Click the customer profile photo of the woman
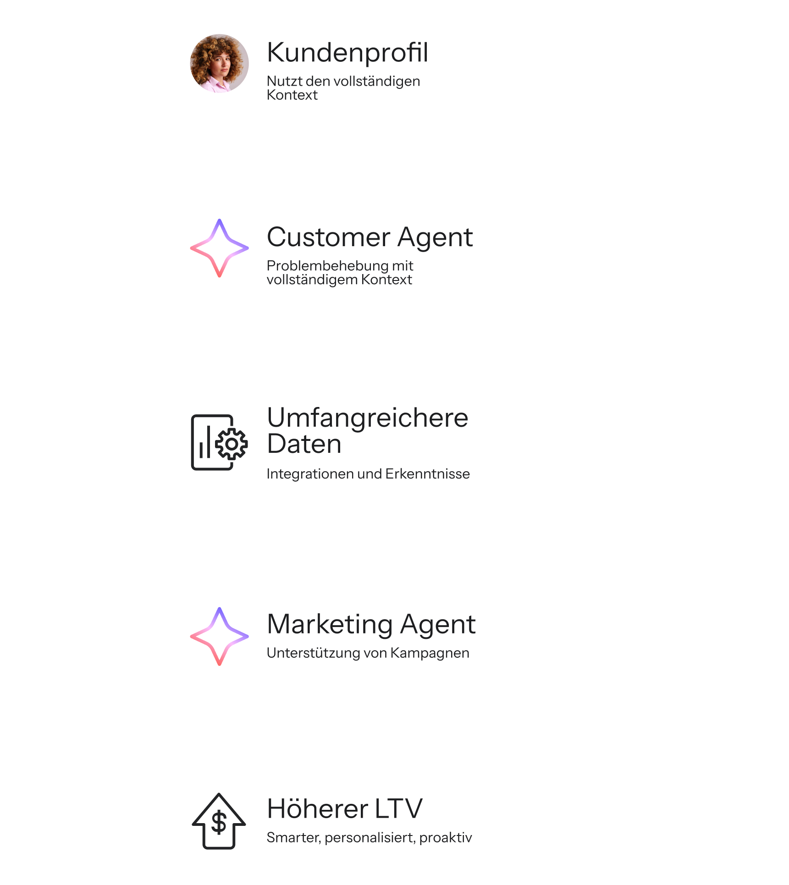coord(219,63)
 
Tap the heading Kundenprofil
coord(348,52)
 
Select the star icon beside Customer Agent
coord(219,248)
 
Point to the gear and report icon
coord(219,442)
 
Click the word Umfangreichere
coord(367,418)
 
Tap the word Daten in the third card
coord(304,444)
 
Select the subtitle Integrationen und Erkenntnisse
coord(368,473)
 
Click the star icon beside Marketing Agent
coord(219,636)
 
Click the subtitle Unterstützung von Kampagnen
coord(368,653)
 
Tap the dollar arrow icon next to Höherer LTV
coord(219,821)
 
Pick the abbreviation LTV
coord(398,808)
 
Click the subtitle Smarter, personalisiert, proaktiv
coord(369,837)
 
